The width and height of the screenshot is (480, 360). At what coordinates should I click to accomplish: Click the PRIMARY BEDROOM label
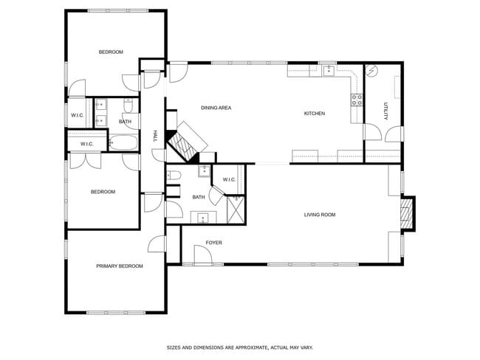[119, 266]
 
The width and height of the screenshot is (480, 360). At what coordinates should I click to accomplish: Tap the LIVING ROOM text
[320, 215]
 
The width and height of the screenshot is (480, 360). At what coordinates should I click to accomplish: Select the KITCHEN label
[315, 113]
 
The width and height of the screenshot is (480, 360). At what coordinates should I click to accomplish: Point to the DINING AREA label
[216, 108]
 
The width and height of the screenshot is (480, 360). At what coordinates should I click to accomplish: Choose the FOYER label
[213, 242]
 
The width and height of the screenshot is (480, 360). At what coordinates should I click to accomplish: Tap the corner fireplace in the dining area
[185, 142]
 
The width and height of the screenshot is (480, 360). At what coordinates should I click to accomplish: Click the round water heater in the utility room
[372, 72]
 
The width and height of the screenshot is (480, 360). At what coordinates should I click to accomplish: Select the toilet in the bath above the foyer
[174, 176]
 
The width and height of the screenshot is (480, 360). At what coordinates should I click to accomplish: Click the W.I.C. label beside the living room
[228, 179]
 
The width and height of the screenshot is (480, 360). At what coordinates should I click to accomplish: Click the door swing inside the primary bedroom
[157, 245]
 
